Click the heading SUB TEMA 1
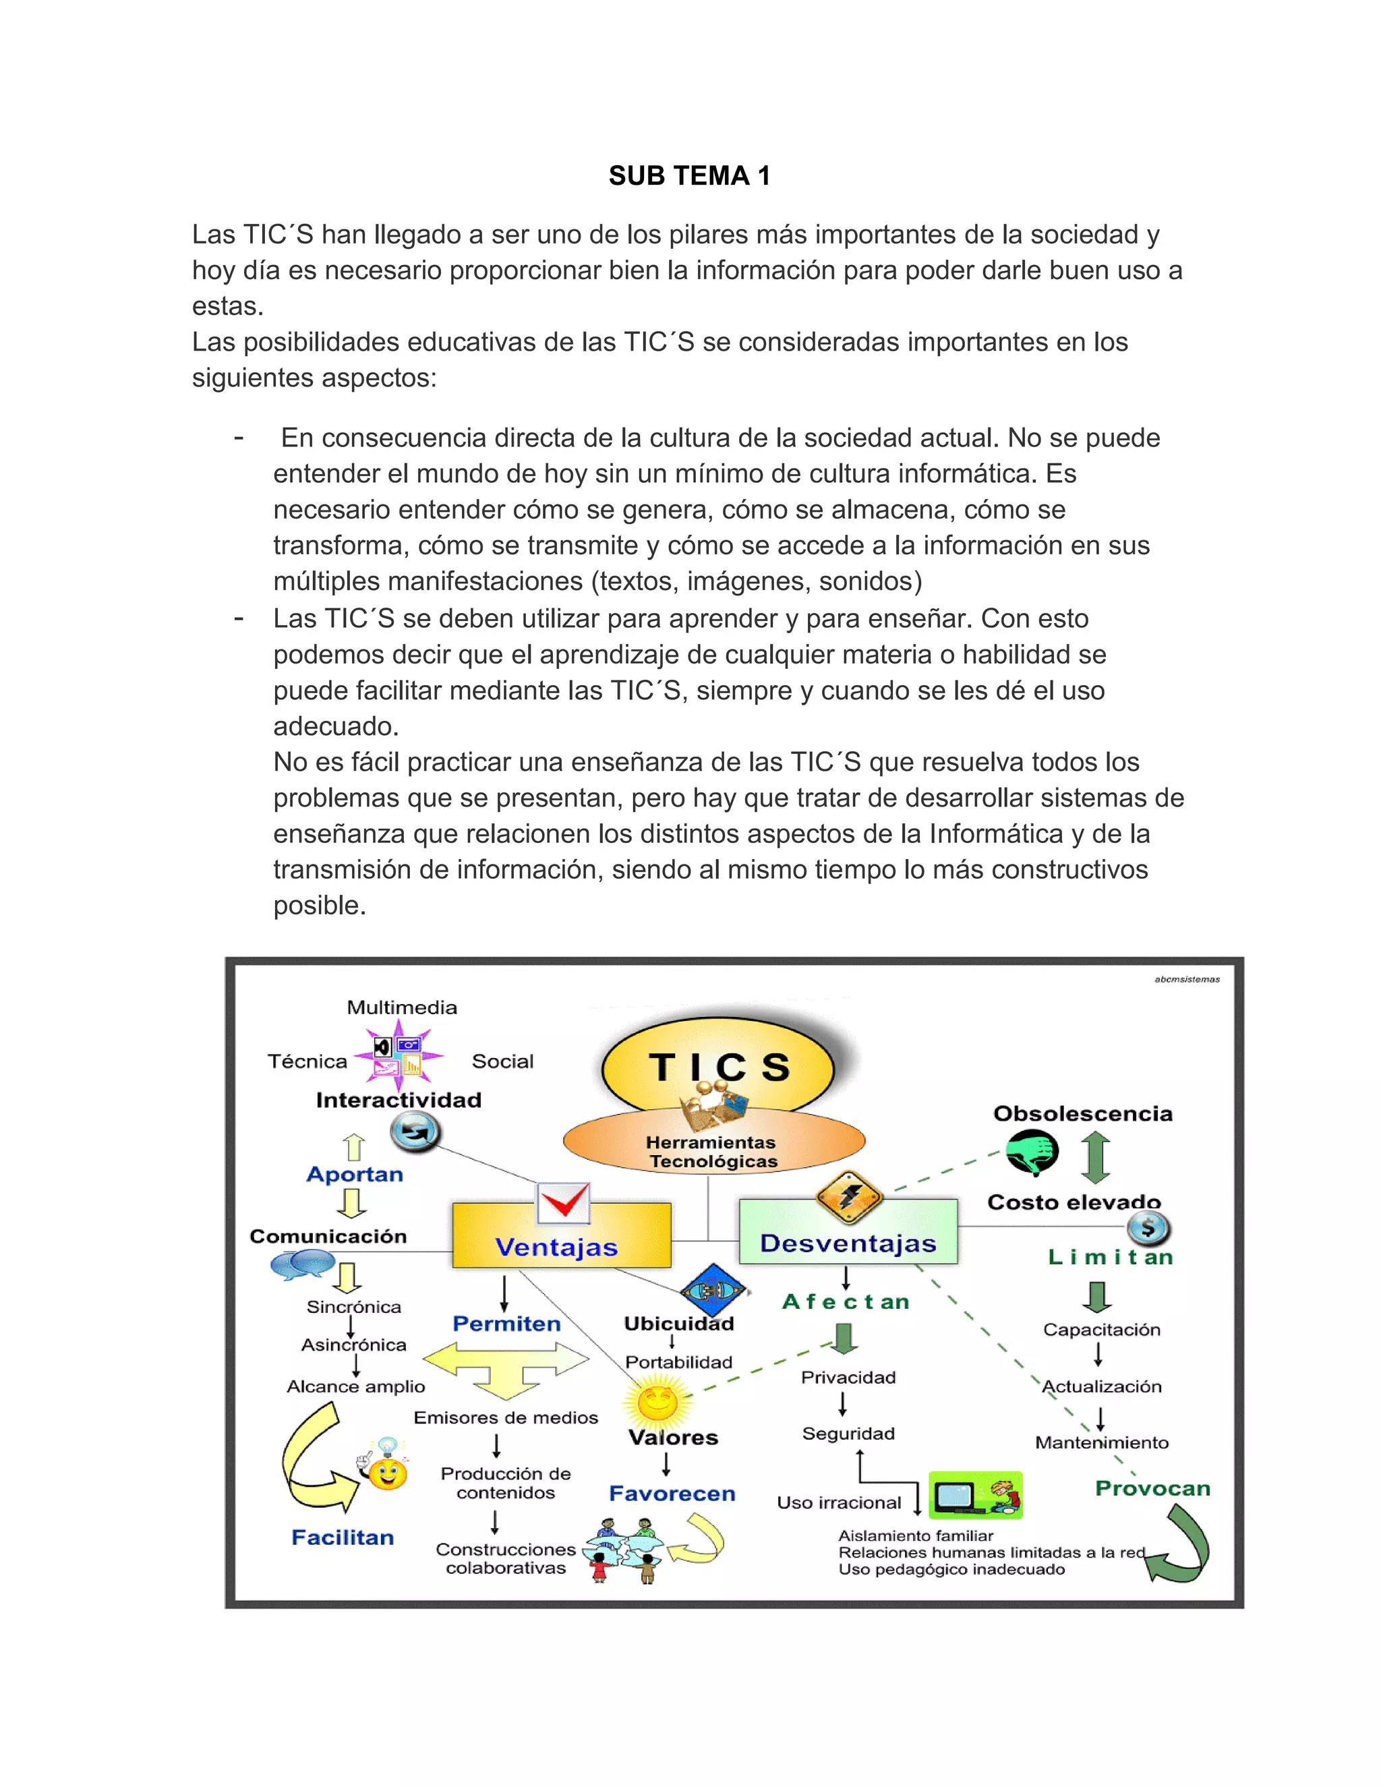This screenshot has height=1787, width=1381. [689, 175]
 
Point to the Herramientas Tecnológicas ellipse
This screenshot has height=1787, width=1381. [713, 1146]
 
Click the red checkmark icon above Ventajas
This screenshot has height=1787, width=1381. [564, 1202]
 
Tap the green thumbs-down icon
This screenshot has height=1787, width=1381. [1032, 1152]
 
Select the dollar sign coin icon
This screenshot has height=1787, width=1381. [1148, 1227]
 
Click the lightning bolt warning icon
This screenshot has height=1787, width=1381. [849, 1196]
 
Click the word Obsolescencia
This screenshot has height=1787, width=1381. [1082, 1113]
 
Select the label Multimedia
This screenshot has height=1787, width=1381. [402, 1007]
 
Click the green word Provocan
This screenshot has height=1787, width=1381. [1152, 1488]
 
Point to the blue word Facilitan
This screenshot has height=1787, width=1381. [343, 1537]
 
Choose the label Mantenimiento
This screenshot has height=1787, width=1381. [1101, 1442]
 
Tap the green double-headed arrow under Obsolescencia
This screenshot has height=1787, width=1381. [1096, 1158]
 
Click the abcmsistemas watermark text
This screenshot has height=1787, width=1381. [1186, 979]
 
